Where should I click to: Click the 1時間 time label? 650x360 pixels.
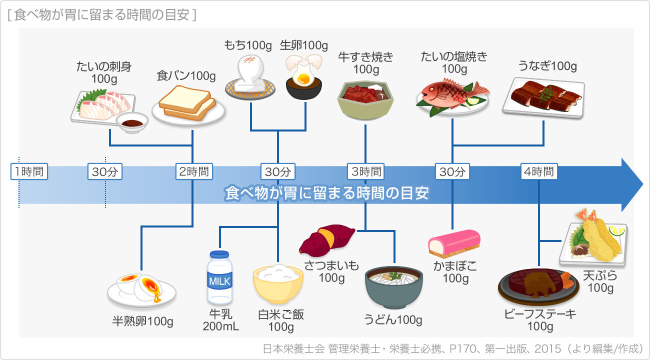pyautogui.click(x=29, y=172)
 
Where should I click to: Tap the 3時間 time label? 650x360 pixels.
pyautogui.click(x=366, y=172)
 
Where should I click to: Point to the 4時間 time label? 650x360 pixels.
pyautogui.click(x=538, y=172)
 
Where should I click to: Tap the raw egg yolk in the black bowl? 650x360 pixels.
pyautogui.click(x=303, y=79)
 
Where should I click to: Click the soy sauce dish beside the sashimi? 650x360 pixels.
pyautogui.click(x=132, y=122)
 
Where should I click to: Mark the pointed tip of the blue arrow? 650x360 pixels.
pyautogui.click(x=641, y=185)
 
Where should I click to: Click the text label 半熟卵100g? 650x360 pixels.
pyautogui.click(x=142, y=321)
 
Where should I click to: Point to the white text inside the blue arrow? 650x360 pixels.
pyautogui.click(x=327, y=193)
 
